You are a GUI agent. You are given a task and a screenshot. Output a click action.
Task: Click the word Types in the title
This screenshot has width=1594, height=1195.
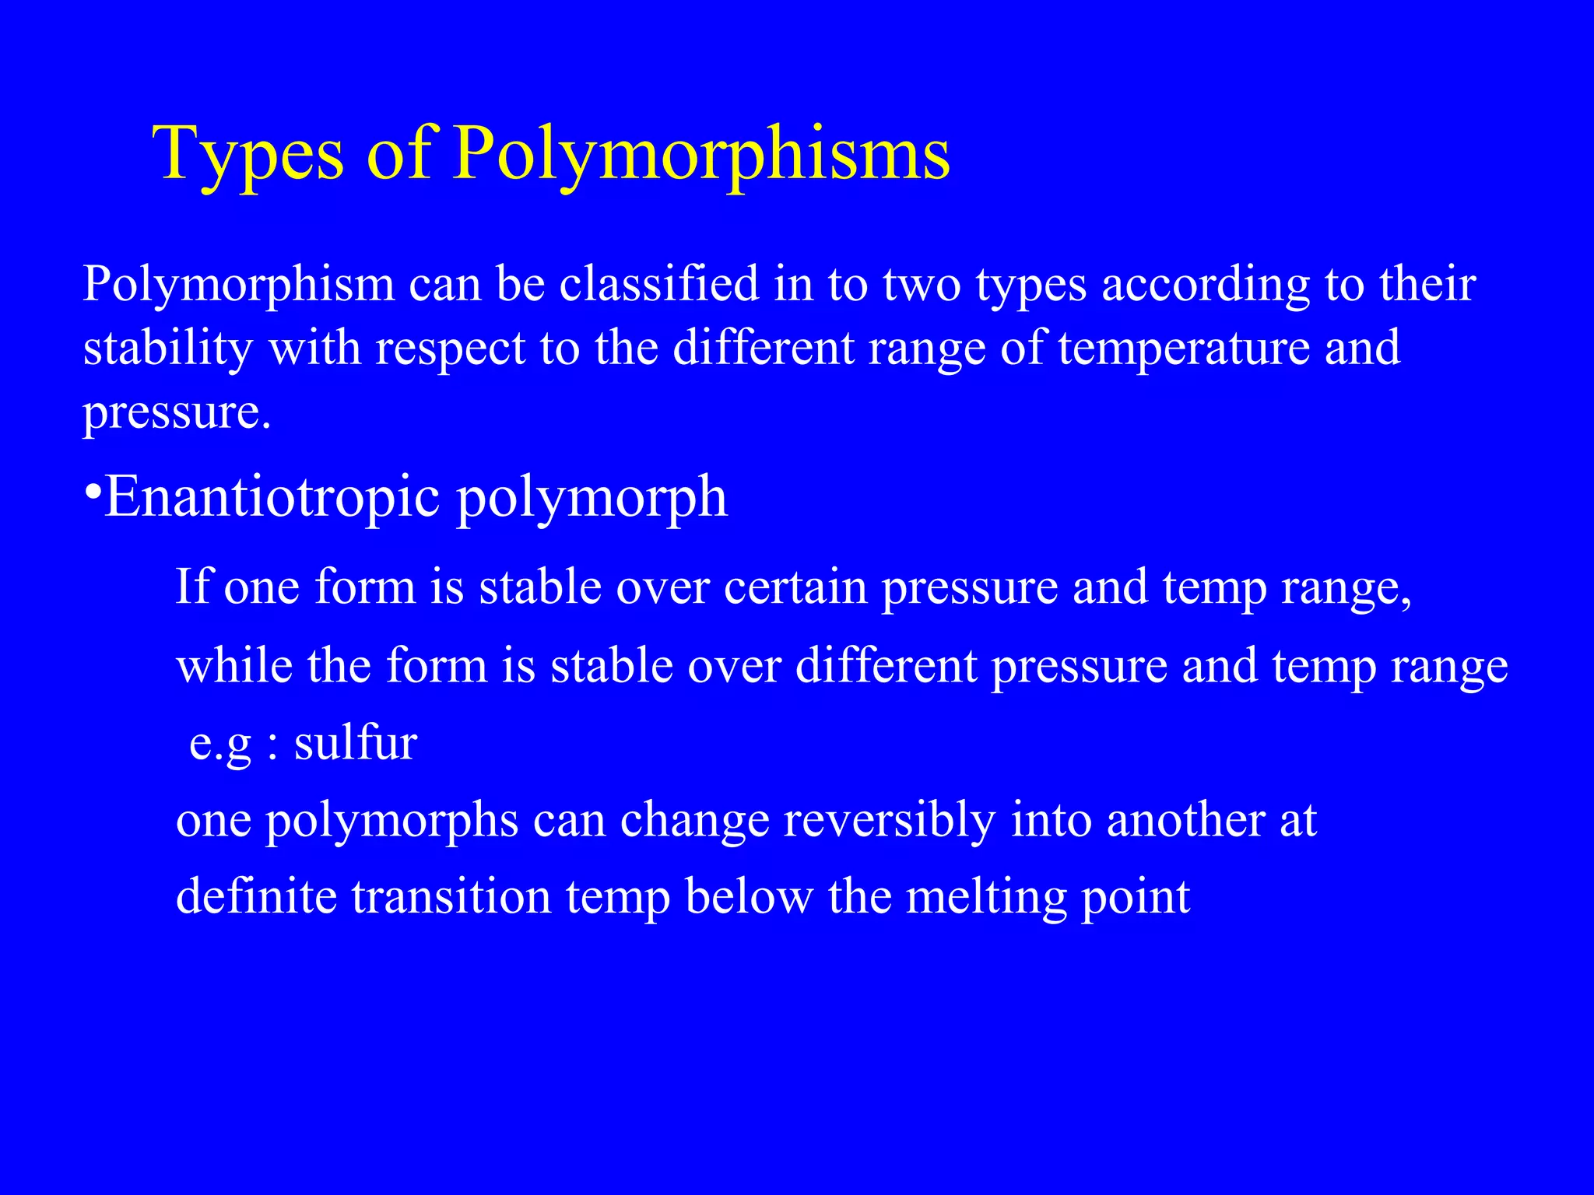(x=248, y=154)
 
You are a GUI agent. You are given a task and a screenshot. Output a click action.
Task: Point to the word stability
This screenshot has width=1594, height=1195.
(x=167, y=348)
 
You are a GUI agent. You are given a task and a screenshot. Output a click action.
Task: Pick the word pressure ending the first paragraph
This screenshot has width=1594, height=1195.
(x=177, y=412)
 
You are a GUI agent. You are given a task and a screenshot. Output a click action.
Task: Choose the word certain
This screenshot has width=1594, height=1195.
(x=795, y=587)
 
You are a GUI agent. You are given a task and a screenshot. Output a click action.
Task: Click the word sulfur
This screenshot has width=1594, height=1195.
(x=356, y=743)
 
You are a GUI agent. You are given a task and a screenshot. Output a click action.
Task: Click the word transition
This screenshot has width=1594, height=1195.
(x=451, y=897)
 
